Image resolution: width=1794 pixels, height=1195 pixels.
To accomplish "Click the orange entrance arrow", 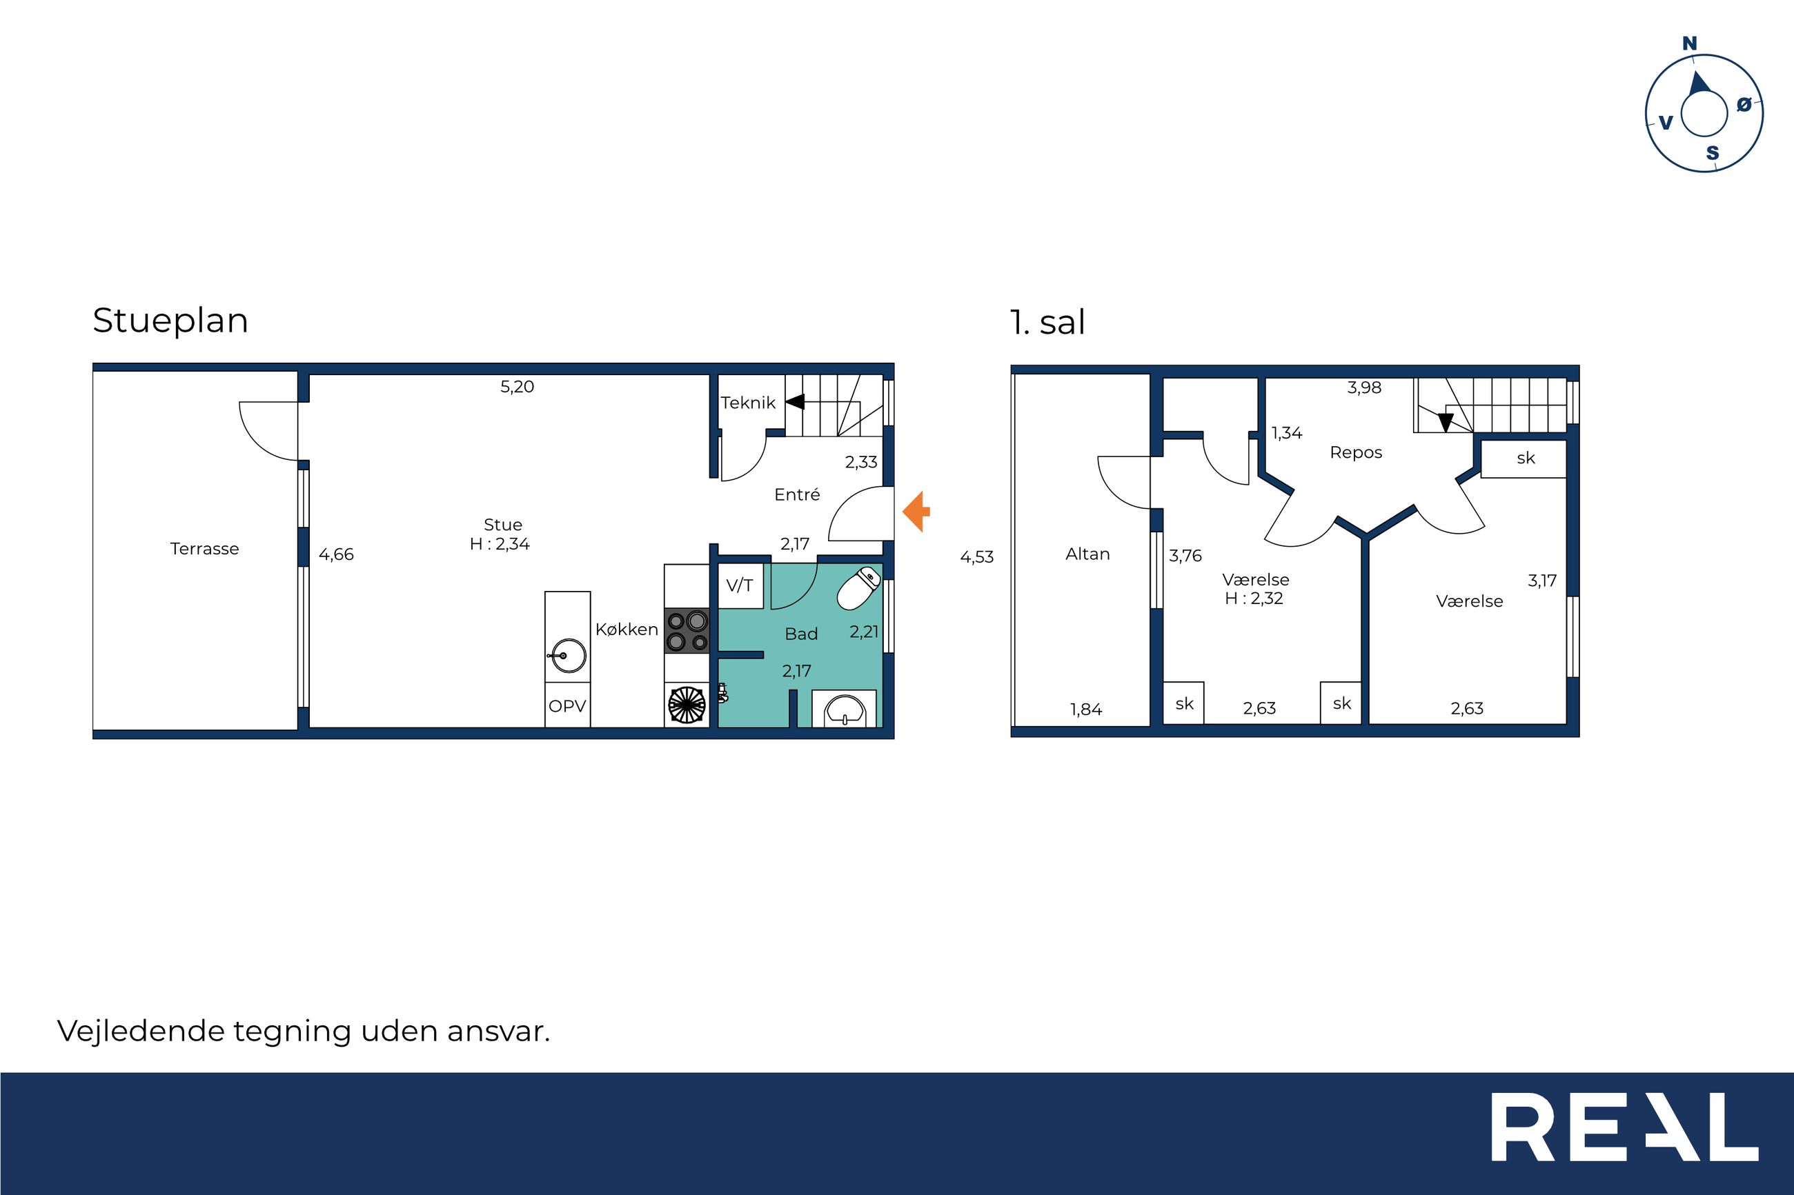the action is coord(916,512).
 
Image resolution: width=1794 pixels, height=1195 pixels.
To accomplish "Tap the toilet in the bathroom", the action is coord(858,588).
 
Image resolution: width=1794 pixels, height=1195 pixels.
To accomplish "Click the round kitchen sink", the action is coord(567,655).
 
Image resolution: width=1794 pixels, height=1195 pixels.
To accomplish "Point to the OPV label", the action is coord(567,707).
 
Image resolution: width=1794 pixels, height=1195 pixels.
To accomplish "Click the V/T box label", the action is coord(740,585).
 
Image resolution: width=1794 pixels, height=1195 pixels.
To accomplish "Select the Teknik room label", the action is coord(748,403).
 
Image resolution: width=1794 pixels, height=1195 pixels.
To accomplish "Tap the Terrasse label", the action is coord(204,549).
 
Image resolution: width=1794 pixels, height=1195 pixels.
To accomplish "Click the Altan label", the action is coord(1087,554).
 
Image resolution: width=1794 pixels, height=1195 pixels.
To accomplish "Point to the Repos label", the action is coord(1356,453).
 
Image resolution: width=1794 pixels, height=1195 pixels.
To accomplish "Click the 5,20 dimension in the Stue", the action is coord(517,386).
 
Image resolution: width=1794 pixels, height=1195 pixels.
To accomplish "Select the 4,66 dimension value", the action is coord(336,555).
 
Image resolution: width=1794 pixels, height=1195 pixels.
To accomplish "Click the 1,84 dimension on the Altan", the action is coord(1085,710).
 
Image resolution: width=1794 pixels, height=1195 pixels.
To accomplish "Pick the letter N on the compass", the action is coord(1690,43).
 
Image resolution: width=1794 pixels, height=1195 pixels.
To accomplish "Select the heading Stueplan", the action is coord(170,321).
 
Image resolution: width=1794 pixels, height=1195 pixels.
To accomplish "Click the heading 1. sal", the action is coord(1047,323).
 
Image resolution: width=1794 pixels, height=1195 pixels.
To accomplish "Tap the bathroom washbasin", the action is coord(844,709).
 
